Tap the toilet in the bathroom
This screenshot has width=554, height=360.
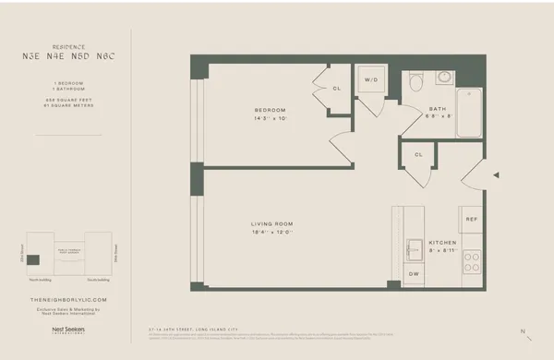coord(416,84)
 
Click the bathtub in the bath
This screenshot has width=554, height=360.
coord(468,113)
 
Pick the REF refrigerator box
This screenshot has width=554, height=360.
coord(471,220)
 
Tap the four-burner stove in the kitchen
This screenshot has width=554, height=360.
coord(471,261)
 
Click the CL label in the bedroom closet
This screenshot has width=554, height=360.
coord(337,89)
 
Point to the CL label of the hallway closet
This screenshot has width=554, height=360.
coord(418,155)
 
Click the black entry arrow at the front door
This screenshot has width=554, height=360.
coord(496,174)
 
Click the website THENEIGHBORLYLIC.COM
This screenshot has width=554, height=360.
coord(68,299)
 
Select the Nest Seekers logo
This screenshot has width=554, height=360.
coord(68,329)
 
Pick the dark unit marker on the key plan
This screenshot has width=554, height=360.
coord(33,259)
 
